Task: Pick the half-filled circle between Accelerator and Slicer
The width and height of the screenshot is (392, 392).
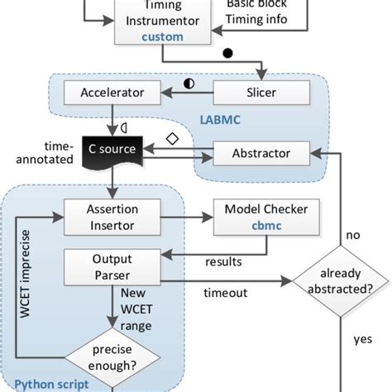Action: (189, 83)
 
